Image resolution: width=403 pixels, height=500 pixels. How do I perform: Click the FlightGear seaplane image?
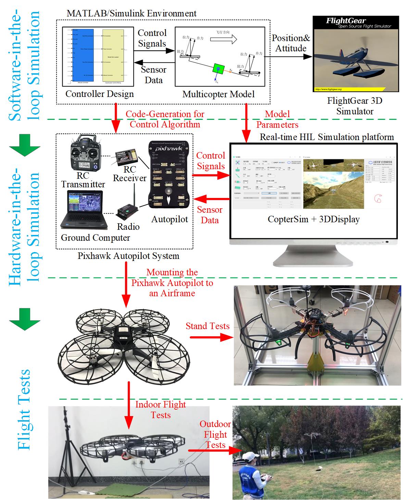pos(356,54)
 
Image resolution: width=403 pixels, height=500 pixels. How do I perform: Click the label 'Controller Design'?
pos(99,94)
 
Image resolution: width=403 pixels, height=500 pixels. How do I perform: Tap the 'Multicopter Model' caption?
pos(218,94)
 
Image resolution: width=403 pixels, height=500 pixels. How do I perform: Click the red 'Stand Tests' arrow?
pos(210,337)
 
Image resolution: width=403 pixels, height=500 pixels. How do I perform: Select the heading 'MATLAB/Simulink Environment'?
pos(131,14)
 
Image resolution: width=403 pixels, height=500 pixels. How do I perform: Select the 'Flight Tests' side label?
pos(25,409)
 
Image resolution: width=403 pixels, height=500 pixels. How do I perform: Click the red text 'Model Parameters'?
pos(277,119)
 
